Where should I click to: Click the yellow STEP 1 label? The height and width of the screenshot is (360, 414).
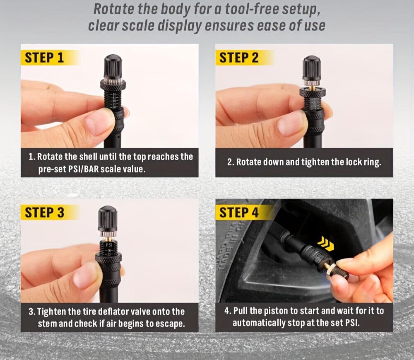coord(44,58)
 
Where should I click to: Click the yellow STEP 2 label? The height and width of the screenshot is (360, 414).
coord(239,58)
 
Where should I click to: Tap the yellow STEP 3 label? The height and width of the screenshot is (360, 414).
coord(44,213)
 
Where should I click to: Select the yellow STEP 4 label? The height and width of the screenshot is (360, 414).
coord(239,213)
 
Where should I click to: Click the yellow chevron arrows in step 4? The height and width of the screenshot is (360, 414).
coord(326,244)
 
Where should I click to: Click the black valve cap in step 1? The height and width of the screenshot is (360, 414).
coord(113,66)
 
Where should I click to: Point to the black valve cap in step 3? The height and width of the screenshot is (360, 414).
coord(108,218)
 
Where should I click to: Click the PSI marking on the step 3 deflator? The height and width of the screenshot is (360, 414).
coord(109,245)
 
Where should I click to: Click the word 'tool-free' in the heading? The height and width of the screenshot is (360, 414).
coord(240,9)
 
